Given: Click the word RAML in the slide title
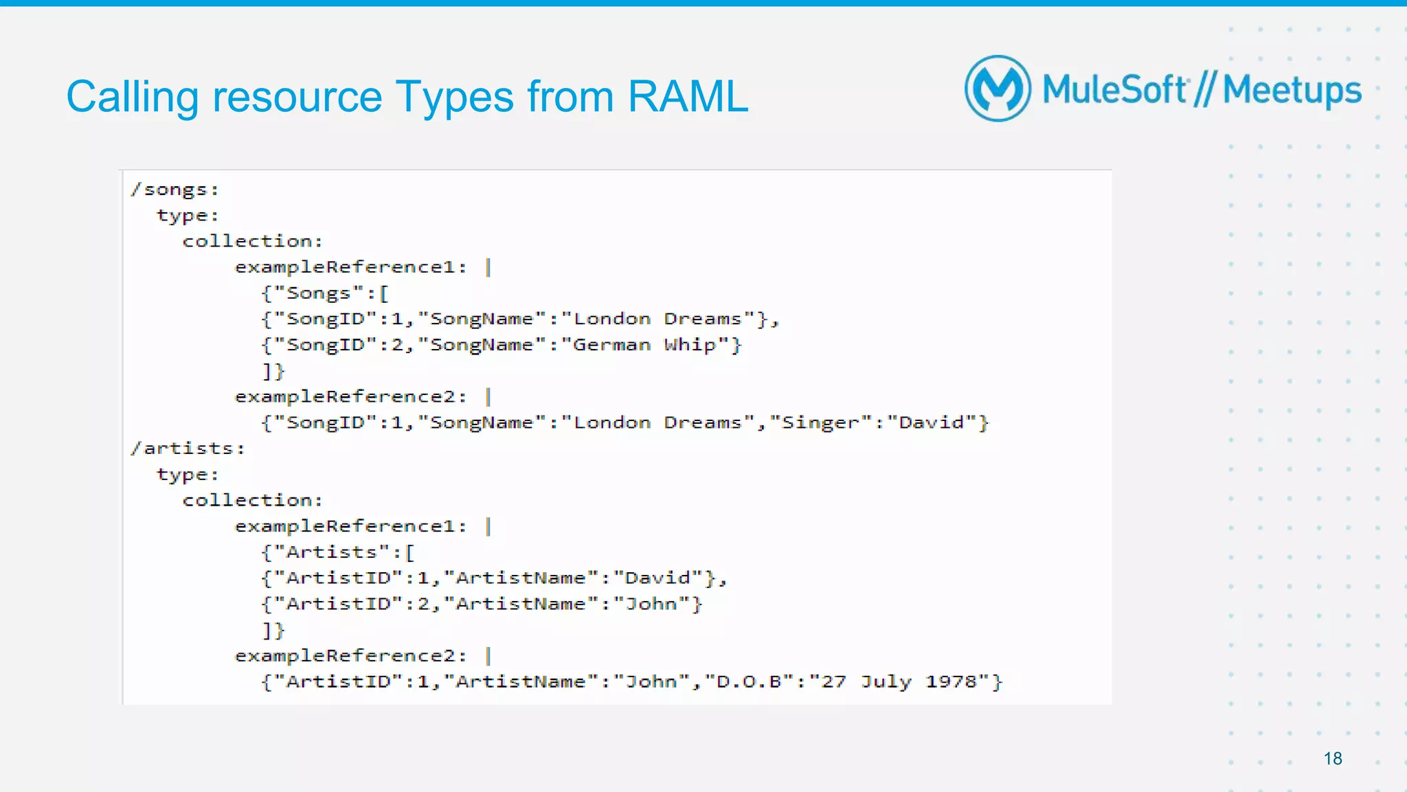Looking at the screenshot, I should (x=687, y=97).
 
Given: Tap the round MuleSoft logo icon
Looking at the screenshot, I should (x=998, y=89).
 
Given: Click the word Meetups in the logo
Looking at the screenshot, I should (x=1292, y=91).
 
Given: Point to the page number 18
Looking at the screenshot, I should (x=1333, y=758).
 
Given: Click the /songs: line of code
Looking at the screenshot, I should (x=175, y=190).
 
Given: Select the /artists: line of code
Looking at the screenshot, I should (x=188, y=449).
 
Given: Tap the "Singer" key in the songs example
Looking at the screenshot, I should (x=821, y=422).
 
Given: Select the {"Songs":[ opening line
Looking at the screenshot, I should (x=325, y=293).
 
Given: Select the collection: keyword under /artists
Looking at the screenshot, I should (x=252, y=500).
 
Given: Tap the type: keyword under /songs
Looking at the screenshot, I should (x=188, y=216).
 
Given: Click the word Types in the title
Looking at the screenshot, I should (x=454, y=97).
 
